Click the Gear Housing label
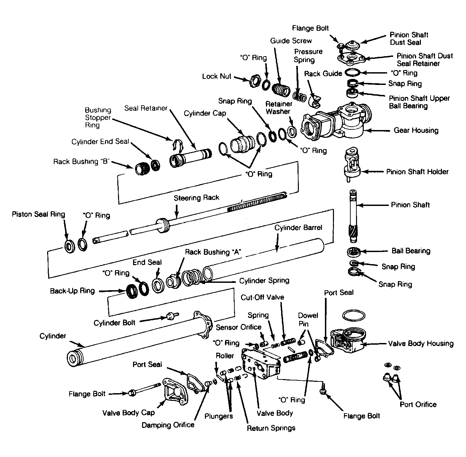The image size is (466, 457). pos(416,130)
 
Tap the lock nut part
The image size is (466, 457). pos(255,81)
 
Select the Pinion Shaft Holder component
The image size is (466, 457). pos(352,164)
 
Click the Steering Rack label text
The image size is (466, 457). pos(196,198)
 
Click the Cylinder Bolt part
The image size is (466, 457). pos(172,316)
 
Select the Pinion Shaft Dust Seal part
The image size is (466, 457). pos(352,45)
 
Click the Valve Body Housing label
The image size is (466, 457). pos(421,344)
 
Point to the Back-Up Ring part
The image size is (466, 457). pos(132,291)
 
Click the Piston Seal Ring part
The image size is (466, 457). pos(70,247)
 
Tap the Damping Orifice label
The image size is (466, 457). pos(168,425)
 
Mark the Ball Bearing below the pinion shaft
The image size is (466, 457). pos(354,252)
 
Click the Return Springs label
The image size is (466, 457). pos(271,428)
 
